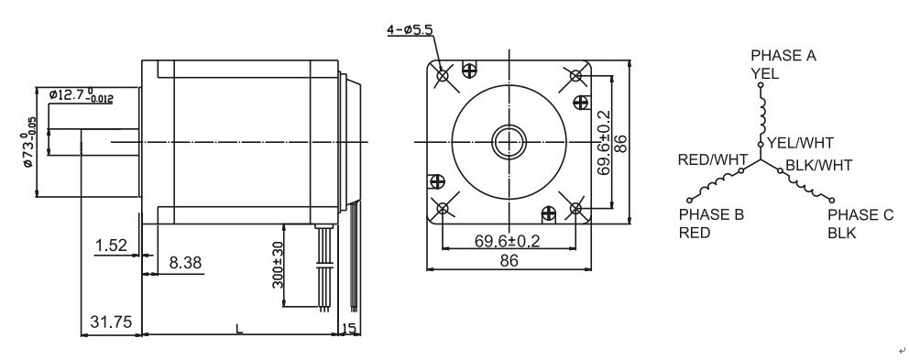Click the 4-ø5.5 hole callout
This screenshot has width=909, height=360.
[410, 29]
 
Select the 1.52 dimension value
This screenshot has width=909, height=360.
[111, 245]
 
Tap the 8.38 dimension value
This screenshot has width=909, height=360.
[185, 263]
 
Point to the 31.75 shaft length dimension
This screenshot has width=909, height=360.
[111, 322]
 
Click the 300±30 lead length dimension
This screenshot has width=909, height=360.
[278, 265]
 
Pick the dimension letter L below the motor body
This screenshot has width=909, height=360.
[239, 329]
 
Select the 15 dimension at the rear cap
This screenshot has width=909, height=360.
[349, 329]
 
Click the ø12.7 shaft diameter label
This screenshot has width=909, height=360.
[82, 95]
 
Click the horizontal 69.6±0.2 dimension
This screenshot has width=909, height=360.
[508, 241]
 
